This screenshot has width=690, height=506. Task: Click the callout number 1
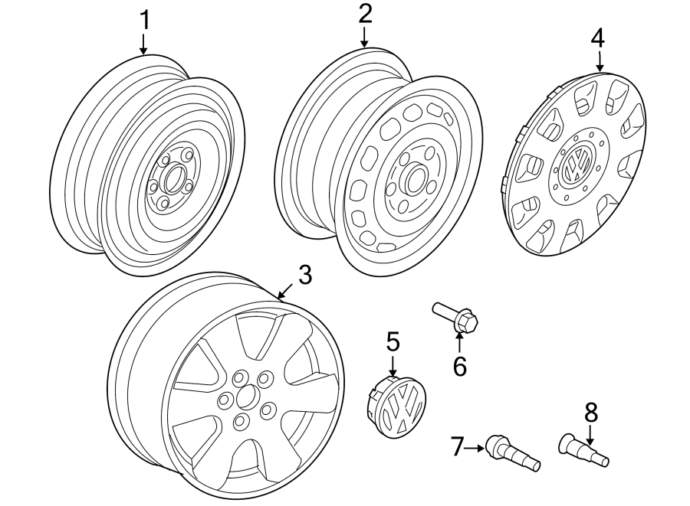pos(143,21)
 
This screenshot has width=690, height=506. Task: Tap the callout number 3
pos(305,276)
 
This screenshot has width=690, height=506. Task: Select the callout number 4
pos(598,36)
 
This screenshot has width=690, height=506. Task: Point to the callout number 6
pos(459,367)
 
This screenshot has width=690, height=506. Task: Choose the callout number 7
pos(458,445)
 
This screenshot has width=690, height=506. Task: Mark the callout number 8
pos(590,413)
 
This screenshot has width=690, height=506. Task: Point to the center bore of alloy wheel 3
pos(246,397)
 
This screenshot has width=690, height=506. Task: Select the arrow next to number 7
pos(476,445)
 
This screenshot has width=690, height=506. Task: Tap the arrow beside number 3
pos(283,292)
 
